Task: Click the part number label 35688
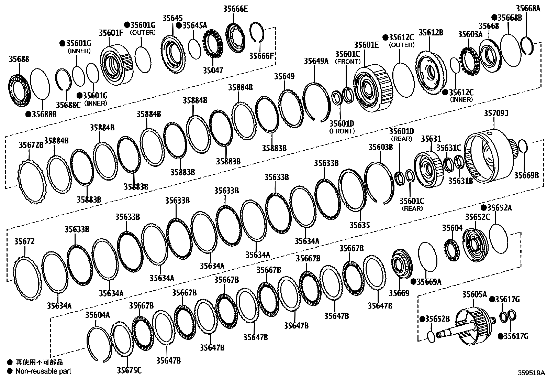(x=19, y=59)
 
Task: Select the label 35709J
(x=496, y=113)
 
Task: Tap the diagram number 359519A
(x=531, y=372)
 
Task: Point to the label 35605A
(x=475, y=294)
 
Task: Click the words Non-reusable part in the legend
(x=43, y=371)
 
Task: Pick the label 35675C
(x=129, y=370)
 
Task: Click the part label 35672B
(x=31, y=145)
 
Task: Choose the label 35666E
(x=235, y=9)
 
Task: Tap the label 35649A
(x=316, y=61)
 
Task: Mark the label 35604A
(x=98, y=315)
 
